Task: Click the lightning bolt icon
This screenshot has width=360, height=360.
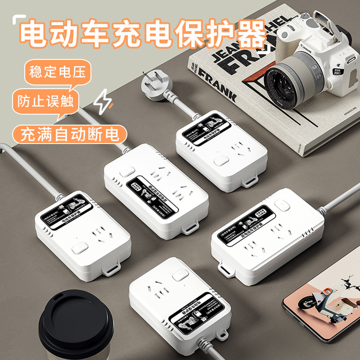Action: (103, 101)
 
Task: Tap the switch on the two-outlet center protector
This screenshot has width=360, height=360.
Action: (127, 172)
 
